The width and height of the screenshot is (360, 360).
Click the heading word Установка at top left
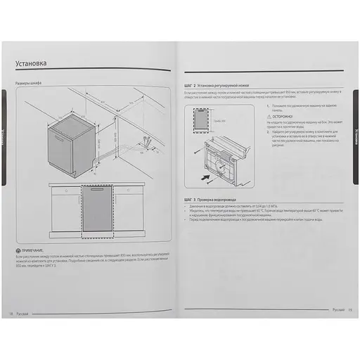(32, 64)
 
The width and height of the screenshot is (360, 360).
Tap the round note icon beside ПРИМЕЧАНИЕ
(18, 251)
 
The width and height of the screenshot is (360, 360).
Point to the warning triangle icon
(270, 117)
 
